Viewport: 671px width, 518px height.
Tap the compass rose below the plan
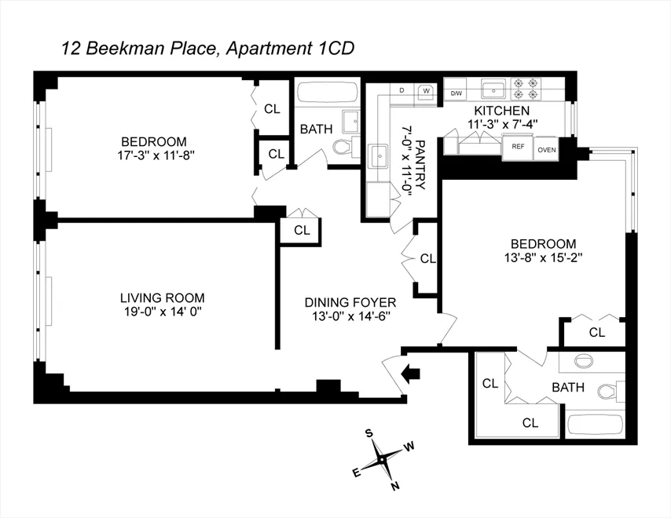381,458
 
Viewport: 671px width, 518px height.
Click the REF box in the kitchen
518,147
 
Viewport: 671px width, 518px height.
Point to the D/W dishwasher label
456,93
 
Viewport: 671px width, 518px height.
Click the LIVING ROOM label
162,297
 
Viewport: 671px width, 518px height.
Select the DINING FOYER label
350,302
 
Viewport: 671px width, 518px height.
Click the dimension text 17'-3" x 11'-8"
153,155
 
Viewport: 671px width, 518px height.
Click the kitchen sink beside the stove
493,87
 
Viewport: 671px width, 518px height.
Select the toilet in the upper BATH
343,148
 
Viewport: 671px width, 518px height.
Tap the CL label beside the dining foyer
427,258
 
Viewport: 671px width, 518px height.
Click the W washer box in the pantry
426,90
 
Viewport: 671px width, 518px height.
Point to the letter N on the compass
395,486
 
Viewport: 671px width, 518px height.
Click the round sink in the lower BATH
585,362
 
